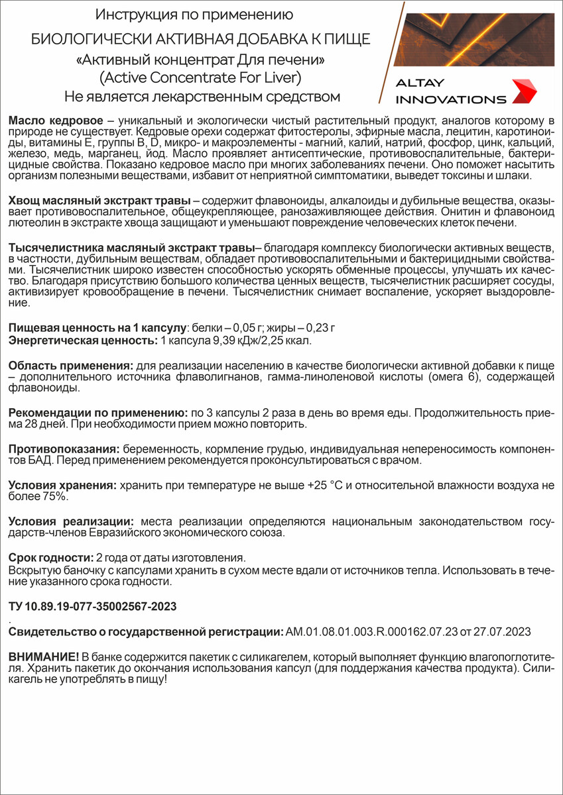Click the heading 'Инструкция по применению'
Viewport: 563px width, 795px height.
(x=194, y=14)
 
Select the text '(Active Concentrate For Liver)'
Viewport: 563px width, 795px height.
(x=200, y=78)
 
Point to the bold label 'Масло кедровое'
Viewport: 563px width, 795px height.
(x=56, y=121)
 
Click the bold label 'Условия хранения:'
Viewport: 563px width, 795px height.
(x=62, y=486)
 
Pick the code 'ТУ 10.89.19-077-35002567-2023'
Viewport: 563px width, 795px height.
(x=92, y=606)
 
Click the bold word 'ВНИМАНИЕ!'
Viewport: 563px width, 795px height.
(x=44, y=656)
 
